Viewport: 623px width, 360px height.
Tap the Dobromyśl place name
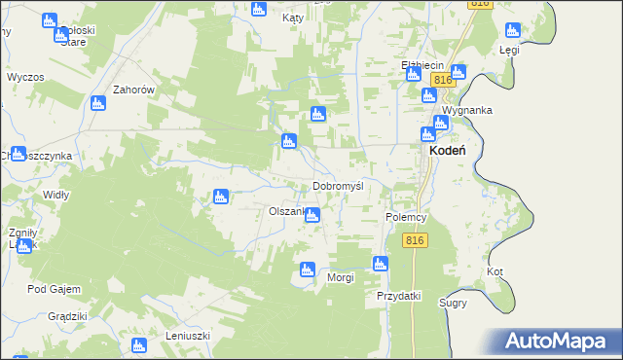coord(338,186)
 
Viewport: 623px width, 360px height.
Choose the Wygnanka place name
coord(466,110)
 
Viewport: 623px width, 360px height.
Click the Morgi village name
coord(340,277)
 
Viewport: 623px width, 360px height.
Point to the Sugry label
coord(453,303)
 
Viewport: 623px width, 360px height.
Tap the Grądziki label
coord(68,316)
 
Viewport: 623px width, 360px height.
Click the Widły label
coord(56,195)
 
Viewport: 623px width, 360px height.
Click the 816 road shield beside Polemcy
coord(415,240)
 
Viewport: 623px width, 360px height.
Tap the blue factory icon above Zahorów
coord(97,103)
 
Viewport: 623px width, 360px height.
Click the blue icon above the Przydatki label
coord(381,264)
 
